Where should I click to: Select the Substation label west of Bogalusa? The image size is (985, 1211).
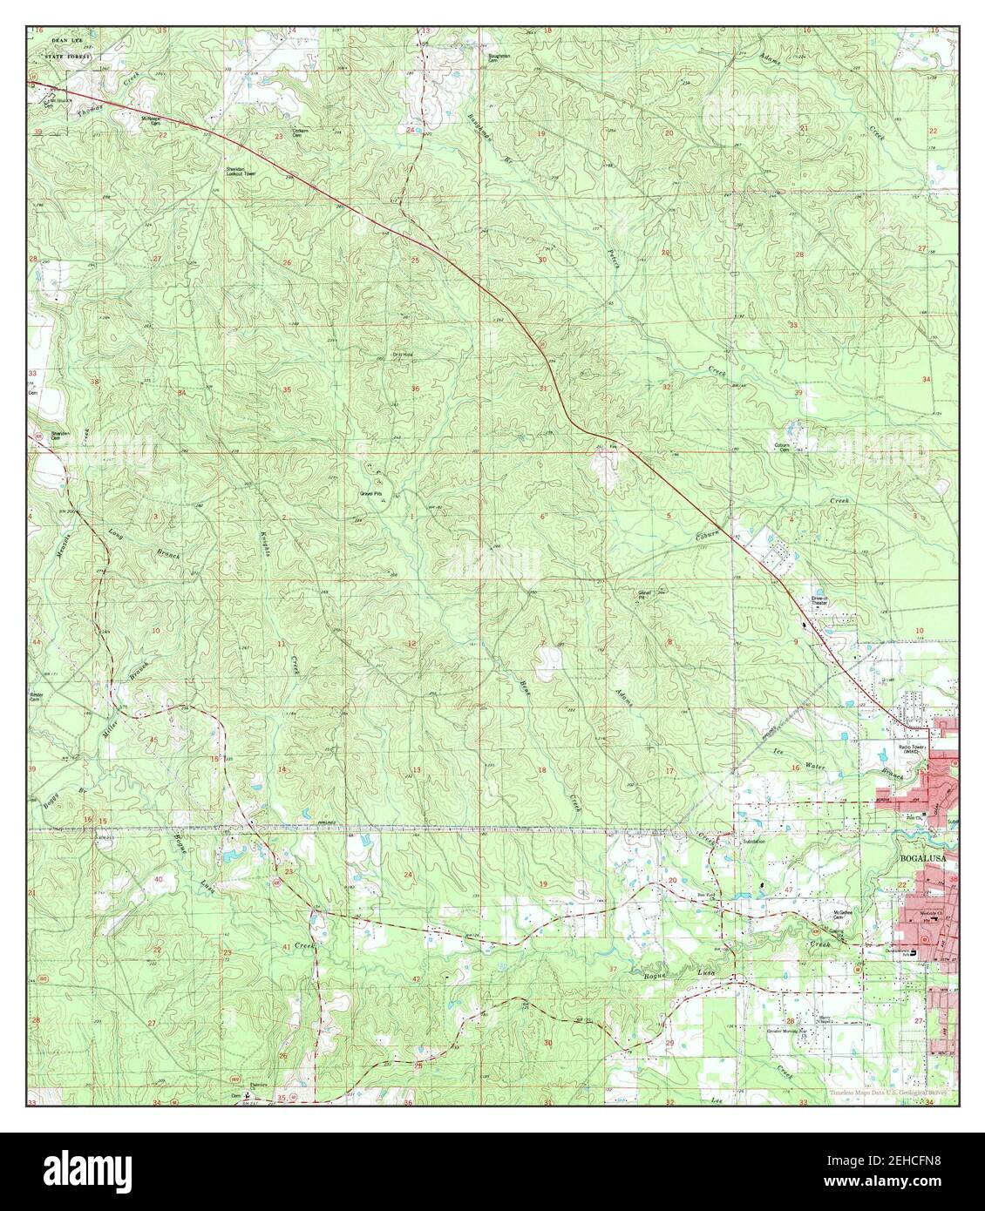(755, 842)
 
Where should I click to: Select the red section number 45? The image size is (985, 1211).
(153, 740)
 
